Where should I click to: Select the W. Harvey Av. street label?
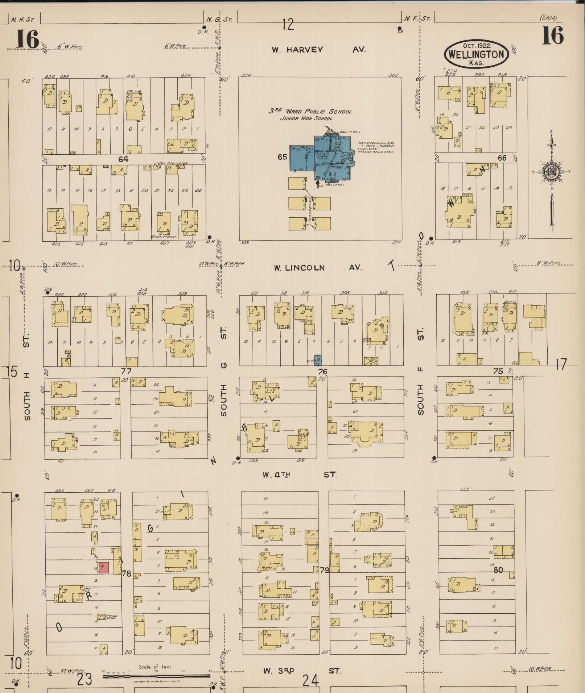pos(318,50)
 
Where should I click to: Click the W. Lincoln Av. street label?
pos(318,268)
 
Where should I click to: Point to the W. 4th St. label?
pos(300,475)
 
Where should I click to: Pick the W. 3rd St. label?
pos(302,671)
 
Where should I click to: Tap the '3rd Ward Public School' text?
pos(310,112)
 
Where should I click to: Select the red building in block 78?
pos(104,567)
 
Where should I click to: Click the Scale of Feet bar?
pos(157,676)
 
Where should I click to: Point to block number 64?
pos(123,159)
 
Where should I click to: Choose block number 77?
pos(126,371)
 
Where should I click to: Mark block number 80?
pos(498,570)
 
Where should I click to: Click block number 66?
pos(502,158)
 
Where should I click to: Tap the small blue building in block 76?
pos(318,361)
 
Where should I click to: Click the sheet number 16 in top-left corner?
pos(27,39)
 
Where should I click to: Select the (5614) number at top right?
pos(548,18)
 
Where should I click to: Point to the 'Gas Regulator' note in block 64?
pos(172,163)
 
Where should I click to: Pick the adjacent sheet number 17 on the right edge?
pos(561,364)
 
